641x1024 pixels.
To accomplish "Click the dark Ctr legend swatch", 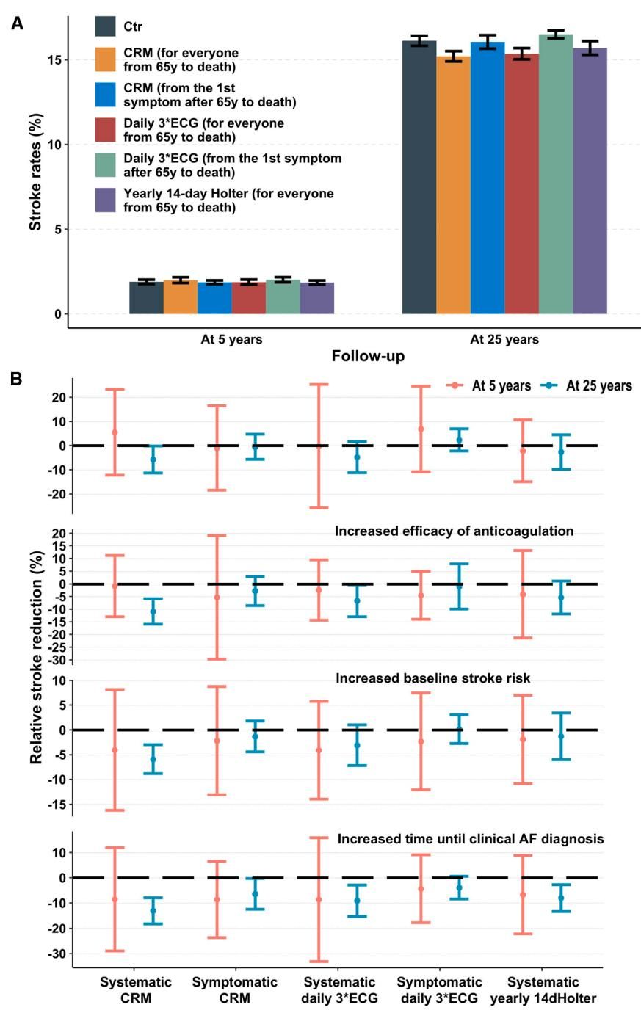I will (106, 26).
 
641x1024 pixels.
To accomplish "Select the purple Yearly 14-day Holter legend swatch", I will (106, 200).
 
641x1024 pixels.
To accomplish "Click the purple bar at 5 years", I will (317, 298).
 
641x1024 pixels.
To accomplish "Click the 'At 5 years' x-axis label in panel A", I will (231, 339).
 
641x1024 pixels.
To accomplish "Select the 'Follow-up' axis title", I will (368, 357).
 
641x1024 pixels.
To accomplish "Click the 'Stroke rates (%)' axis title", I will (35, 172).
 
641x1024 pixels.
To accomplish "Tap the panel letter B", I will (15, 379).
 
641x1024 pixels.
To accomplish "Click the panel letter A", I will (16, 23).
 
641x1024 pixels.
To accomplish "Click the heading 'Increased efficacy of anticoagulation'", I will (454, 531).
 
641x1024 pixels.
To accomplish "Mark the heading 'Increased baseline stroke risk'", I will (433, 678).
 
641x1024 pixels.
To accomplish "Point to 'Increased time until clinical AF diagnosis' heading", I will (471, 838).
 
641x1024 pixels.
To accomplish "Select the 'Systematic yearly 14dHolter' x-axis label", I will (543, 989).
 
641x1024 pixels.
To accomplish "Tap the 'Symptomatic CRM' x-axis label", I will (235, 989).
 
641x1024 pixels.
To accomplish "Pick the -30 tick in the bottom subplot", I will (57, 954).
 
